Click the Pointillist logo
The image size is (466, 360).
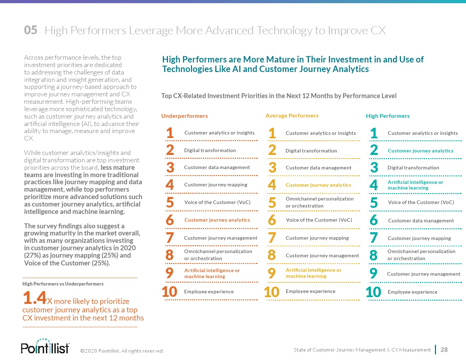coord(45,347)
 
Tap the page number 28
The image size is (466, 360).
coord(444,350)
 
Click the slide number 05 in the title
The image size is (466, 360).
coord(31,30)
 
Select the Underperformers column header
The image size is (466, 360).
coord(184,116)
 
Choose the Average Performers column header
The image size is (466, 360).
coord(292,116)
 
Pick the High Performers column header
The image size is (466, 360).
coord(388,116)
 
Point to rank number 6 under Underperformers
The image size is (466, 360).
coord(170,220)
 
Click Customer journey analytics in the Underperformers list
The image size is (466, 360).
coord(217,220)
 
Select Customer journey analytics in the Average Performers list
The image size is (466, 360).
coord(318,185)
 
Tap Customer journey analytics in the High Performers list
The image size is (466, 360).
coord(420,151)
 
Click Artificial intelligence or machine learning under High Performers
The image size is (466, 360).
coord(415,185)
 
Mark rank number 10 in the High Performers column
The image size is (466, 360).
coord(374,292)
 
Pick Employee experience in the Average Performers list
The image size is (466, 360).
coord(310,292)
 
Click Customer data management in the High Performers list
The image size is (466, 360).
coord(421,221)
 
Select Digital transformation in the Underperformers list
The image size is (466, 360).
coord(210,150)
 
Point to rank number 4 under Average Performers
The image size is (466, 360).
coord(272,185)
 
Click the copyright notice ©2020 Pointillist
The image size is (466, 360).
coord(122,351)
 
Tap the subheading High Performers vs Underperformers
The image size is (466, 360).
coord(63,284)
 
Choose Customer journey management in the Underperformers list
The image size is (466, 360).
coord(220,238)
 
